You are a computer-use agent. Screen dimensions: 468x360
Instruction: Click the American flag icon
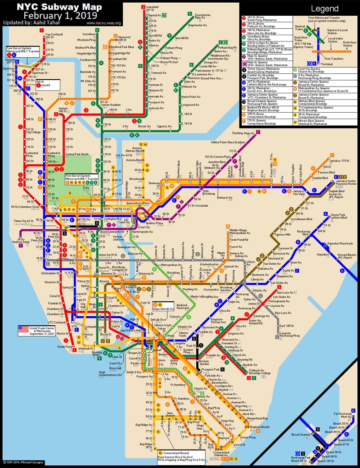tap(23, 331)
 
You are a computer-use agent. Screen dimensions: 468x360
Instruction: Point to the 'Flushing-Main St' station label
tap(243, 133)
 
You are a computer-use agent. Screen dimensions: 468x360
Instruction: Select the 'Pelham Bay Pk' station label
tap(227, 47)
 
